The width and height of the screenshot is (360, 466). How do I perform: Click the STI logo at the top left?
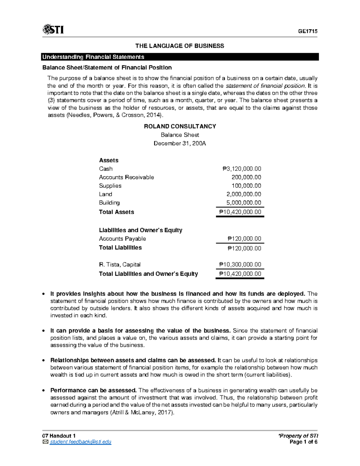coord(53,30)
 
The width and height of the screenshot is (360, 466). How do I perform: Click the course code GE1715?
coord(307,31)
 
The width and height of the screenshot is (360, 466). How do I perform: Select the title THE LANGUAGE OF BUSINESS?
coord(179,46)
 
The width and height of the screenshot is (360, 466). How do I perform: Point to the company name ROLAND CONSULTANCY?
coord(180,126)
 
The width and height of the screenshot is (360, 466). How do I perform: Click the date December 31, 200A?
coord(180,143)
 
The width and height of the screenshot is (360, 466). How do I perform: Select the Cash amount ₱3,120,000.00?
coord(242,169)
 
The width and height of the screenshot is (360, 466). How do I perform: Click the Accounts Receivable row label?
coord(126,177)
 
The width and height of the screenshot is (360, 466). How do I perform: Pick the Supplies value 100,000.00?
coord(246,186)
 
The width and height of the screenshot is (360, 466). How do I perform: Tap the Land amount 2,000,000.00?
coord(244,194)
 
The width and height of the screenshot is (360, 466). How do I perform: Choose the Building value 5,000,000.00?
coord(244,203)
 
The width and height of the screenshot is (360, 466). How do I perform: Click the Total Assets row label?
coord(116,212)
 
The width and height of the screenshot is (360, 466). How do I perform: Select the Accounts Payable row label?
coord(122,239)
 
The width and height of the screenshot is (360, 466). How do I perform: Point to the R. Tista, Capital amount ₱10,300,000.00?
coord(240,265)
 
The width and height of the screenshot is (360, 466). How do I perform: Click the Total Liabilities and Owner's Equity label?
coord(148,274)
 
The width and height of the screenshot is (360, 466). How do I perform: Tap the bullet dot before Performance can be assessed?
coord(44,391)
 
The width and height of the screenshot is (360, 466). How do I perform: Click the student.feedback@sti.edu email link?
coord(80,442)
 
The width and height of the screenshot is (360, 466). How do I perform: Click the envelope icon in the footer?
coord(45,442)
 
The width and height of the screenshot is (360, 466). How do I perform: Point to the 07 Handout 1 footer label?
coord(59,436)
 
